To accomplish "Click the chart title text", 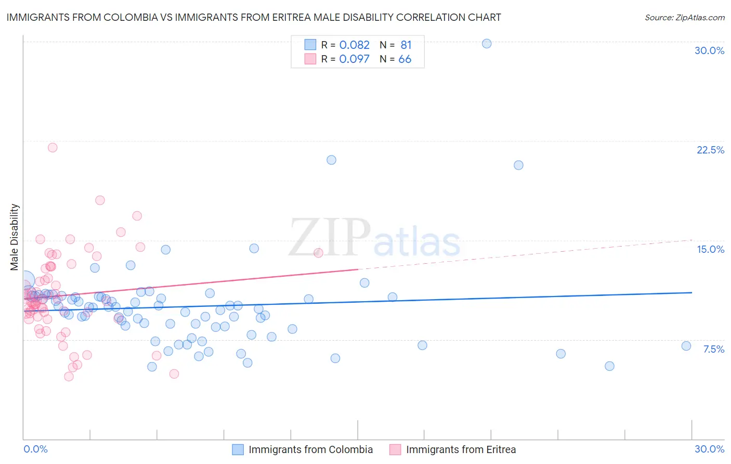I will tap(254, 18).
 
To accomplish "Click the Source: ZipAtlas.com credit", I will tap(684, 18).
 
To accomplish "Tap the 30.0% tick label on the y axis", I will tap(709, 50).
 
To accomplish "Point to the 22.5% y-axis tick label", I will tap(710, 150).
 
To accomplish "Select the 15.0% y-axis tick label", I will tap(710, 249).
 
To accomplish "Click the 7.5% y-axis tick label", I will tap(713, 349).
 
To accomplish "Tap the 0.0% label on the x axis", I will tap(35, 449).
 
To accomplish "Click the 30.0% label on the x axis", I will tap(709, 449).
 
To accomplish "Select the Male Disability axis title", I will tap(15, 237).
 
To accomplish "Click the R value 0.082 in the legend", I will tap(354, 45).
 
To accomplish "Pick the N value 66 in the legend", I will tap(404, 59).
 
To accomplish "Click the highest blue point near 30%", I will tap(487, 44).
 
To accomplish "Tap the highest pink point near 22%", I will tap(53, 148).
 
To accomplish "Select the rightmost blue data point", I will tap(686, 346).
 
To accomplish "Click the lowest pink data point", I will tap(69, 377).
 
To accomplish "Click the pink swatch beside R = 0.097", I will tap(310, 59).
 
